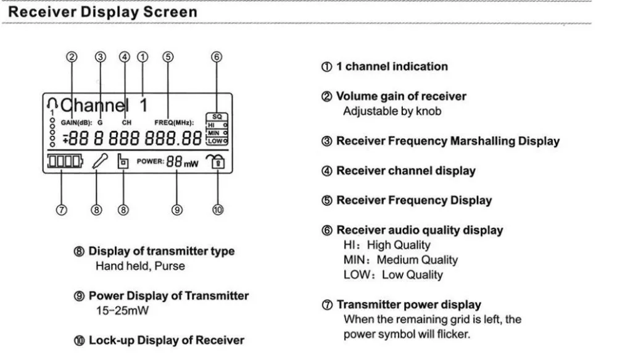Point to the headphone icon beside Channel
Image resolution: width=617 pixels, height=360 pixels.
tap(52, 103)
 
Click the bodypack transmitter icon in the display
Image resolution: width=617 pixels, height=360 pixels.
tap(123, 162)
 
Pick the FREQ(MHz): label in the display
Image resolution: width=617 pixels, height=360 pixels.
tap(174, 122)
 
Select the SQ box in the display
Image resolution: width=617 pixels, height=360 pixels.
tap(217, 116)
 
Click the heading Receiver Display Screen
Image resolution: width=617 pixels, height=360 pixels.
tap(101, 12)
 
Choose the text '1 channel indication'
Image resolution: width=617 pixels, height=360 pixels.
tap(391, 67)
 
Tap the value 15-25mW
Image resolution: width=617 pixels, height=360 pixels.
tap(122, 311)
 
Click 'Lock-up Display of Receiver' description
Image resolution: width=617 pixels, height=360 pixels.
tap(166, 340)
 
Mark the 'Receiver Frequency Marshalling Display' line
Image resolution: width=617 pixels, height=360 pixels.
tap(447, 141)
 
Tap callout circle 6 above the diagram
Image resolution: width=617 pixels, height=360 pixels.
tap(216, 57)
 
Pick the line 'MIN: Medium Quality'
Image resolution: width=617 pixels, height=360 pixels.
tap(400, 260)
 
